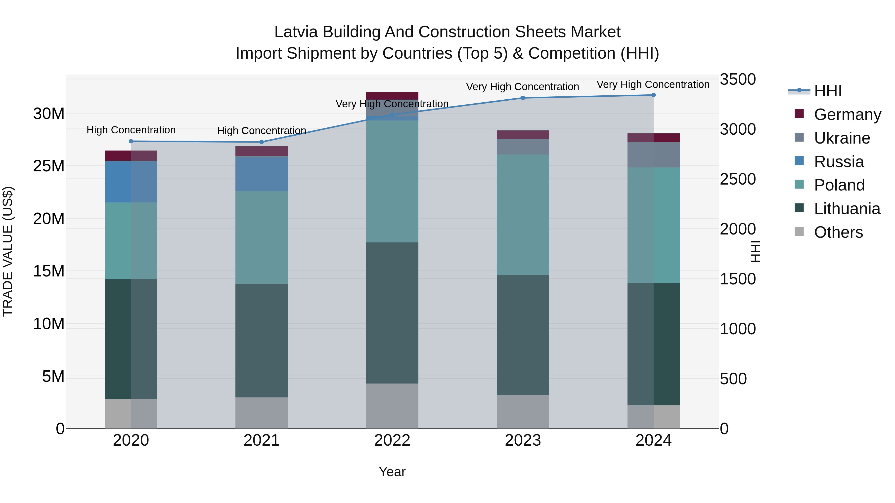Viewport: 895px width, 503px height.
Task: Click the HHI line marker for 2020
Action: click(x=131, y=141)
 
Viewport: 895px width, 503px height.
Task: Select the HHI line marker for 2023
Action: click(x=523, y=98)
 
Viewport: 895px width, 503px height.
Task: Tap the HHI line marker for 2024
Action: click(x=654, y=95)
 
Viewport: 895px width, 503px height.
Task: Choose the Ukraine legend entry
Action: click(x=842, y=138)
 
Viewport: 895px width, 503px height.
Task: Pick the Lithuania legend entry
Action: click(x=847, y=209)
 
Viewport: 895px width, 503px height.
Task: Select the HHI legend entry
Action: click(x=828, y=91)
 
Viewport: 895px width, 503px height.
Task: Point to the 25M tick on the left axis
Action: click(x=49, y=166)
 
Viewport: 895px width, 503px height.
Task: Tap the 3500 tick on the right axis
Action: click(x=738, y=79)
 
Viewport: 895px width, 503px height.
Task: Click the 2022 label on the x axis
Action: click(x=392, y=440)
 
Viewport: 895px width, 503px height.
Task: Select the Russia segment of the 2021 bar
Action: click(x=262, y=174)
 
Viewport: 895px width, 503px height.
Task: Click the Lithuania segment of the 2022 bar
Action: click(x=392, y=312)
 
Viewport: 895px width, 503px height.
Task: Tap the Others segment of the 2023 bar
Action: click(x=523, y=412)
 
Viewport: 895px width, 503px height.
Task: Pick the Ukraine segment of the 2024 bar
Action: click(x=654, y=155)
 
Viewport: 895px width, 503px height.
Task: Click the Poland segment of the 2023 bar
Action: click(x=523, y=215)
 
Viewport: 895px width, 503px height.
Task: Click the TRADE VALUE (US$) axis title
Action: click(x=8, y=251)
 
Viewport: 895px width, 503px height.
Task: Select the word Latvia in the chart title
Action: click(x=296, y=32)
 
